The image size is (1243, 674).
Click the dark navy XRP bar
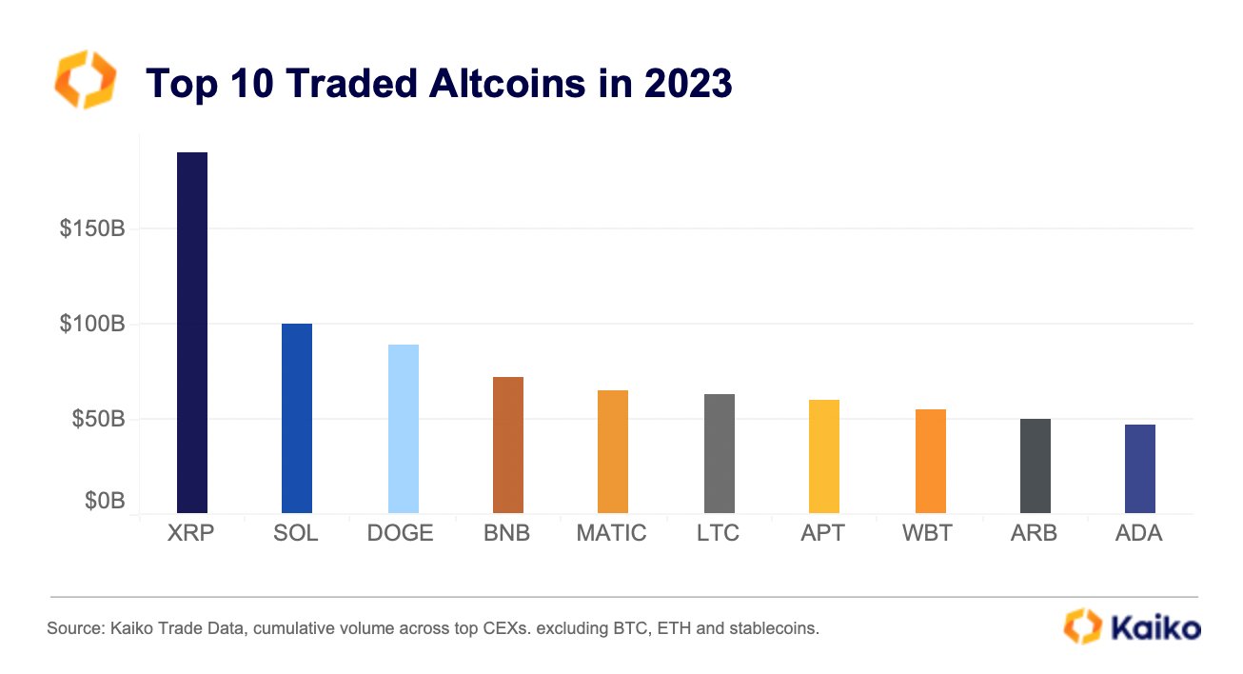click(192, 333)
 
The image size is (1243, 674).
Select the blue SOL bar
click(297, 419)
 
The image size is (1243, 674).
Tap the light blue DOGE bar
click(403, 428)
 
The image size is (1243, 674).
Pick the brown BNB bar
click(508, 446)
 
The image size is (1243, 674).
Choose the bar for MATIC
click(613, 452)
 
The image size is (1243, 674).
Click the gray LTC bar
click(719, 454)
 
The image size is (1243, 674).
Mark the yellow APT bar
click(824, 457)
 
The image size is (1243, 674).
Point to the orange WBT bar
click(930, 462)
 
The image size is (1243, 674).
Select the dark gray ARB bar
click(1036, 466)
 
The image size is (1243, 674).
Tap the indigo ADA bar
click(1140, 469)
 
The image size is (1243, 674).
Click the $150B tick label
click(91, 229)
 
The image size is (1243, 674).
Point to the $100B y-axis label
click(91, 324)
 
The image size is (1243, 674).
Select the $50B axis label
click(97, 419)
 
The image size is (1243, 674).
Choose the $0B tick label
click(103, 500)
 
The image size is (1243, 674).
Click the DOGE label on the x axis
click(401, 533)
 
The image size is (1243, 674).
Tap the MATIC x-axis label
click(611, 533)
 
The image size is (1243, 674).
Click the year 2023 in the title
click(687, 84)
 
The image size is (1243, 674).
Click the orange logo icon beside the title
click(86, 80)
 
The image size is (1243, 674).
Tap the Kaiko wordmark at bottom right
click(1152, 626)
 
